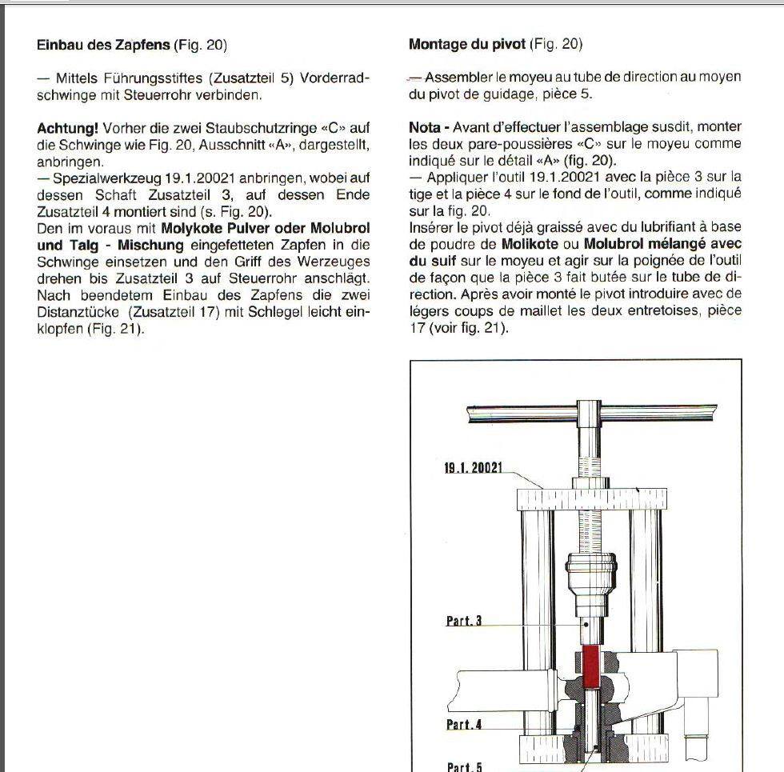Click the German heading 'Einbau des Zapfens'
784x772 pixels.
tap(103, 45)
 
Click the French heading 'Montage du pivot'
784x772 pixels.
tap(466, 45)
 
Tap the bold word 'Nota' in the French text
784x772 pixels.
tap(425, 127)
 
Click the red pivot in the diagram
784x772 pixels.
tap(591, 667)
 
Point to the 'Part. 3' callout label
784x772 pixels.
tap(463, 621)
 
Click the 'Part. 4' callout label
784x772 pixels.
tap(463, 726)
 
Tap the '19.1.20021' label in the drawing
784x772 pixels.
tap(473, 468)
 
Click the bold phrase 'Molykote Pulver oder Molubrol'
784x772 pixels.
tap(266, 228)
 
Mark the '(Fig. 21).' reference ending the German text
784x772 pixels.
tap(116, 329)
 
